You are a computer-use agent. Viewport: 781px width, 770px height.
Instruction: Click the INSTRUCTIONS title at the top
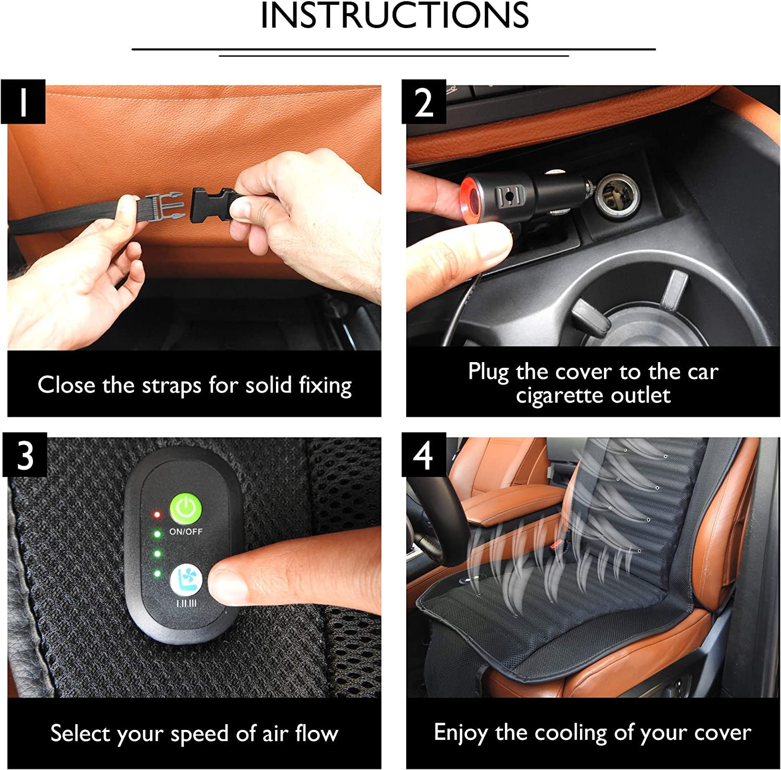click(x=395, y=15)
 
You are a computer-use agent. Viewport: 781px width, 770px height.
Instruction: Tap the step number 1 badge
click(x=23, y=101)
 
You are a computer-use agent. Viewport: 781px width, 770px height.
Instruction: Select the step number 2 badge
click(x=424, y=101)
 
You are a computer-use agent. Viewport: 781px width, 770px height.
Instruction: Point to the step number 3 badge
click(x=24, y=454)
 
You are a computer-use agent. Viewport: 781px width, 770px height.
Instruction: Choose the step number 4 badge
click(x=424, y=454)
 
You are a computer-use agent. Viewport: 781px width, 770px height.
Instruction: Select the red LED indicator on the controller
click(x=156, y=515)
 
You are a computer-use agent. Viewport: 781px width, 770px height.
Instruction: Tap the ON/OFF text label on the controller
click(x=186, y=532)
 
